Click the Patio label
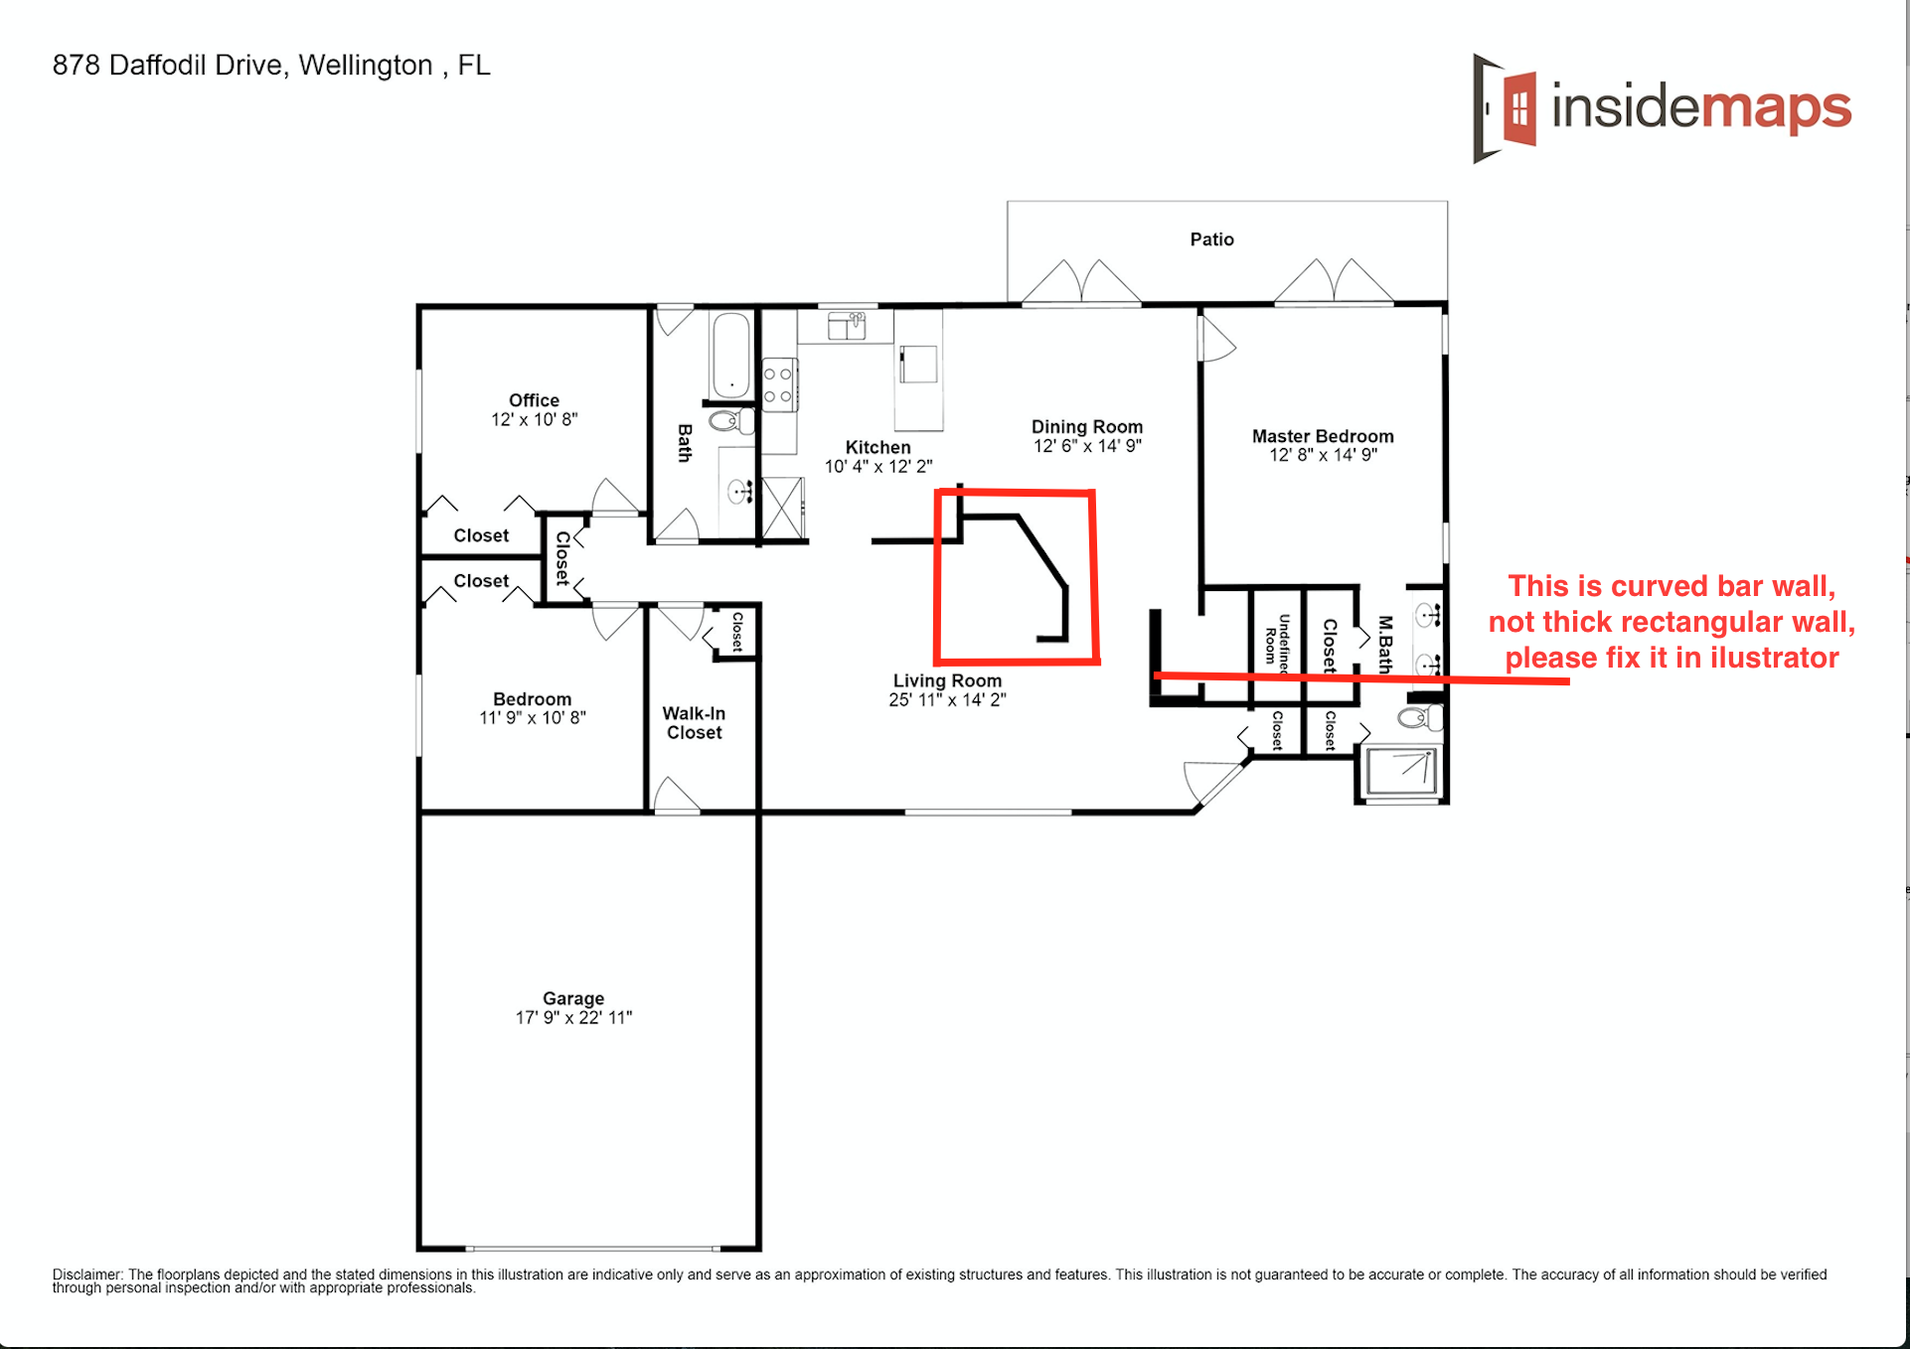point(1211,239)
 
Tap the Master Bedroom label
point(1323,436)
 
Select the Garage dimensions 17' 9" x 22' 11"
point(573,1017)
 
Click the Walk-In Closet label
point(694,722)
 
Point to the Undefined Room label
point(1277,645)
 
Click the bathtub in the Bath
point(730,355)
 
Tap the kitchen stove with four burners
point(778,384)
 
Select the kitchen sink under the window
point(846,325)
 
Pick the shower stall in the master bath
point(1401,772)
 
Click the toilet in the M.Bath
point(1418,717)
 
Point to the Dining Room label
point(1087,426)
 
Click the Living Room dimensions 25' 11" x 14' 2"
point(947,699)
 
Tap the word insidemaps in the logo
point(1701,107)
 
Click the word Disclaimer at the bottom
point(86,1274)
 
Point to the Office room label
point(534,400)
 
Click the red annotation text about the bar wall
point(1671,622)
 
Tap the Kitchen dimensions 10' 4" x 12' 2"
point(878,466)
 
